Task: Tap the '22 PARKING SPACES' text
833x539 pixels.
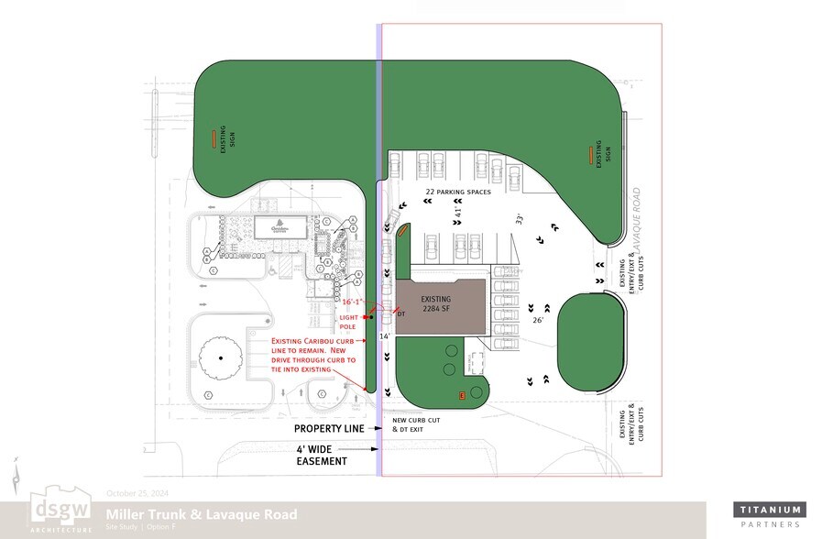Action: tap(458, 192)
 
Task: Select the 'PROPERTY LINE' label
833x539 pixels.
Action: tap(330, 428)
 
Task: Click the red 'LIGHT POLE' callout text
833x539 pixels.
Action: tap(350, 321)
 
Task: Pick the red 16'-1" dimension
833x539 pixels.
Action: tap(353, 301)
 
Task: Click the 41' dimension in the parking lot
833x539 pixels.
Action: tap(457, 212)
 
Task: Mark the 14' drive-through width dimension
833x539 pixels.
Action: tap(386, 337)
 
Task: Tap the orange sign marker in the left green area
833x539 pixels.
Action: tap(214, 138)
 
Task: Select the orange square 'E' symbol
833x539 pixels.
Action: tap(462, 395)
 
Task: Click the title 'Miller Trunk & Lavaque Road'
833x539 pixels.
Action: tap(201, 514)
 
